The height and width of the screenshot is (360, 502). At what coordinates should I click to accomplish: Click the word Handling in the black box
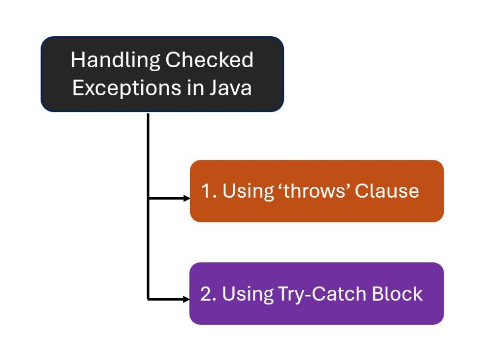[x=115, y=60]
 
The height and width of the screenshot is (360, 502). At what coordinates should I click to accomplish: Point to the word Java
[x=230, y=88]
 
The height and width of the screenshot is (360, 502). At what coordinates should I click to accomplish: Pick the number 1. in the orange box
[x=209, y=191]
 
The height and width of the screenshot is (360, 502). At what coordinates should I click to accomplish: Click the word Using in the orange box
[x=248, y=192]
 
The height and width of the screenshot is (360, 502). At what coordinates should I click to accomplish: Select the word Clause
[x=387, y=191]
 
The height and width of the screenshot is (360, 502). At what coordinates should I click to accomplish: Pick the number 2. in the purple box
[x=208, y=294]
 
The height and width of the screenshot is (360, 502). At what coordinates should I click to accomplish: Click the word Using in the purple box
[x=248, y=294]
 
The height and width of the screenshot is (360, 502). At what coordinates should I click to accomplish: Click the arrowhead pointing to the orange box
[x=187, y=199]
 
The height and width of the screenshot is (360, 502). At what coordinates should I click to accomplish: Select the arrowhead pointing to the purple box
[x=187, y=300]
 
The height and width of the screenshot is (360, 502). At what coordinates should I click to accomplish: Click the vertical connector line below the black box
[x=148, y=206]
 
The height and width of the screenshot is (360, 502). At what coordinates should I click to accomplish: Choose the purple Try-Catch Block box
[x=317, y=293]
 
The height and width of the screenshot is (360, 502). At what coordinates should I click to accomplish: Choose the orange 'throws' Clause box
[x=317, y=191]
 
